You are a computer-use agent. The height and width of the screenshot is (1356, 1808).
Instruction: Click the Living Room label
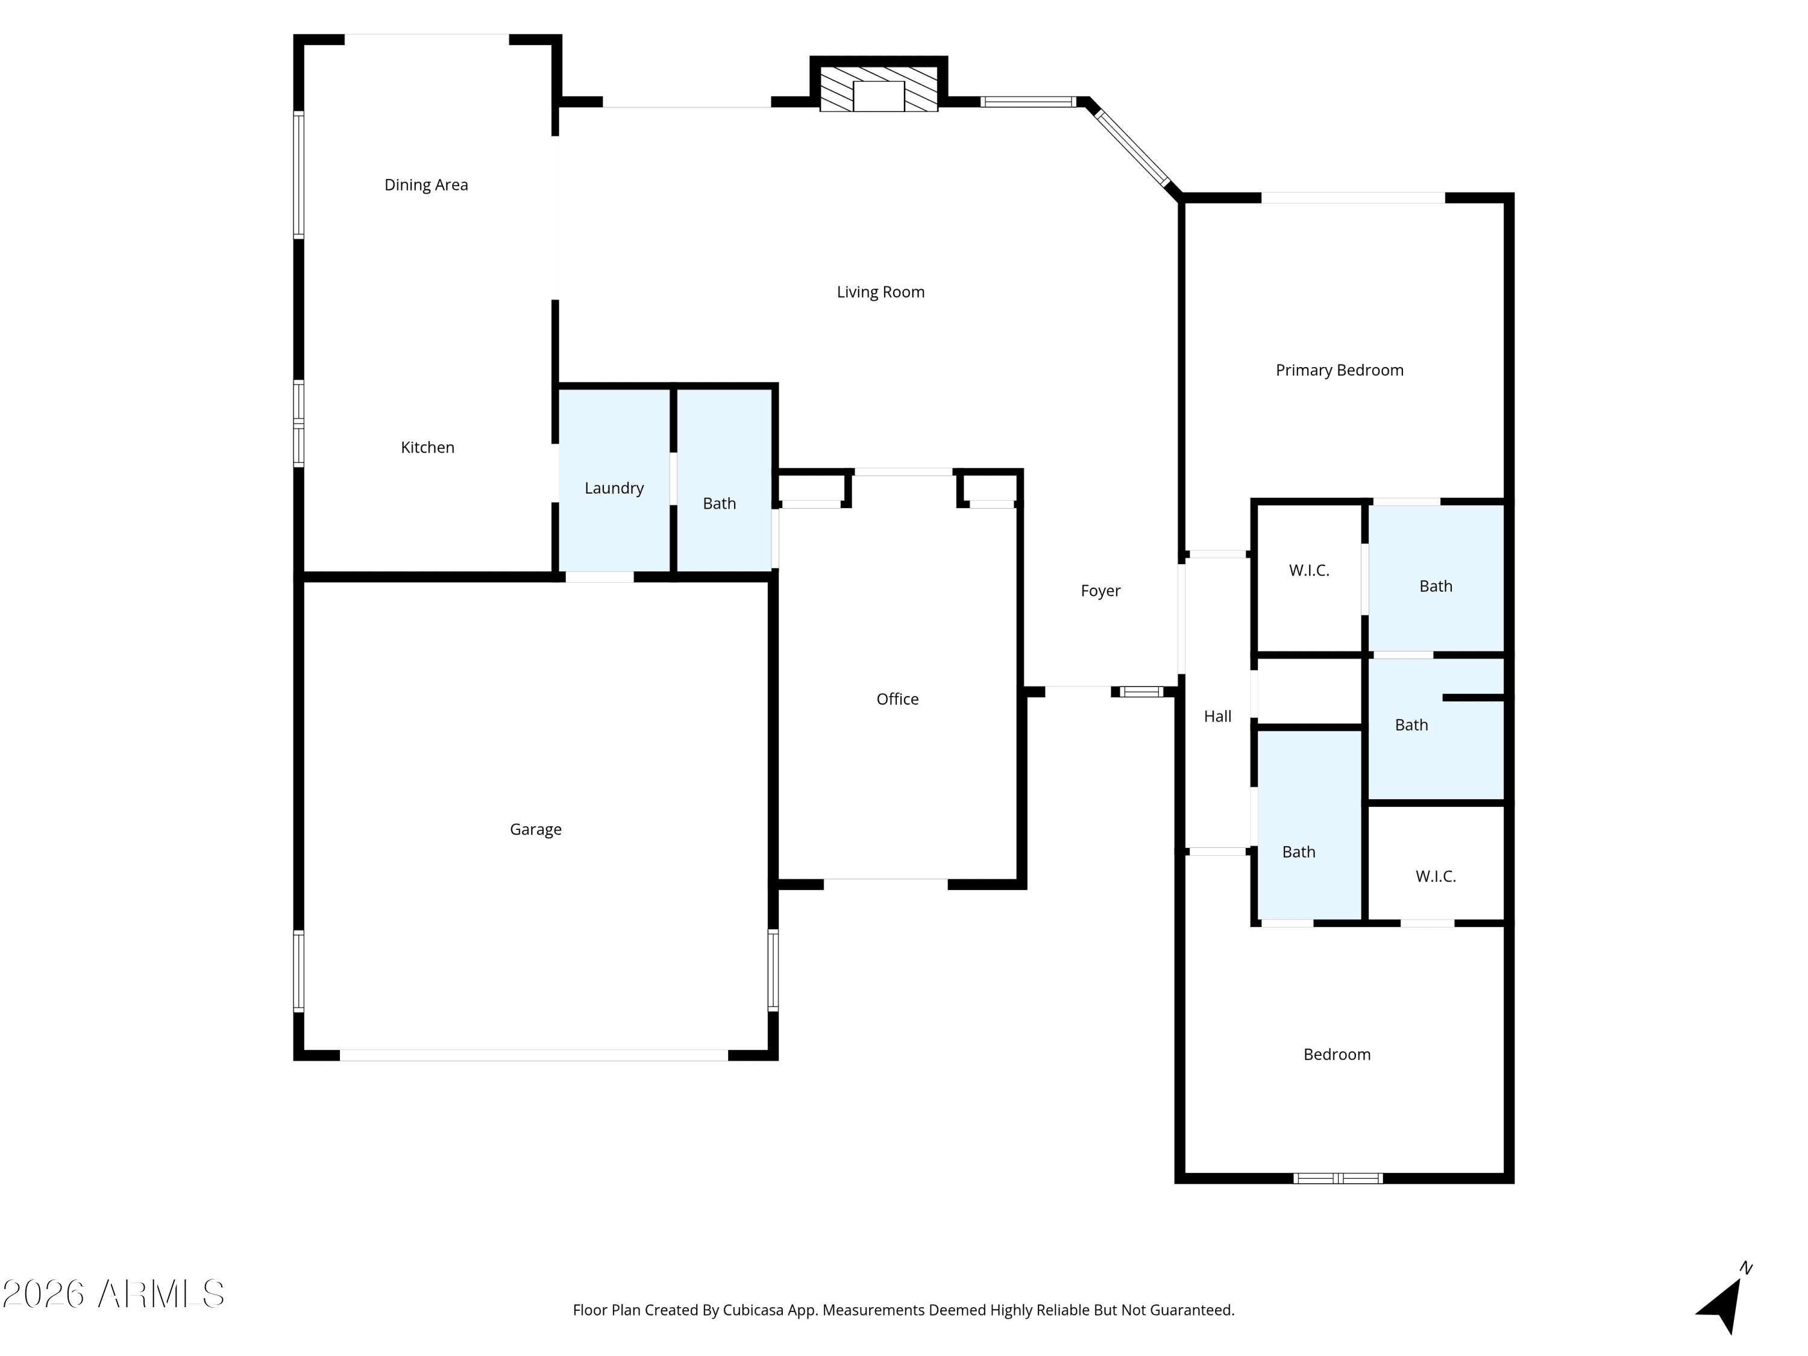(x=880, y=292)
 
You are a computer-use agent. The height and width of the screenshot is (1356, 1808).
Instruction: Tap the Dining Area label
(x=426, y=185)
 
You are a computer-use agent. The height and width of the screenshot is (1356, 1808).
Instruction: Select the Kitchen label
(x=427, y=447)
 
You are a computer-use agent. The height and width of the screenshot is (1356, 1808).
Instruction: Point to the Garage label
(x=535, y=830)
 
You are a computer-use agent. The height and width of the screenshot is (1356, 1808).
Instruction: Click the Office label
(x=897, y=699)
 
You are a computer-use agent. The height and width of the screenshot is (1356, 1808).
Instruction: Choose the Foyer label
(x=1100, y=591)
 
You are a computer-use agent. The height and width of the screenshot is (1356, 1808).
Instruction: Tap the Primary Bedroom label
(x=1340, y=370)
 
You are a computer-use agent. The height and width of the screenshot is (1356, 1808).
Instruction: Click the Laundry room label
(x=614, y=488)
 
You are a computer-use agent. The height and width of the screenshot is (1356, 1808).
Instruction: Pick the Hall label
(x=1217, y=717)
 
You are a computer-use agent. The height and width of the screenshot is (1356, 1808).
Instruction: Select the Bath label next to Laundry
(x=719, y=503)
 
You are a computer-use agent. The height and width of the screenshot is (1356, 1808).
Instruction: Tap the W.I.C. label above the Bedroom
(x=1436, y=876)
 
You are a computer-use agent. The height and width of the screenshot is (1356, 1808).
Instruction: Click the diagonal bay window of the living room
(x=1132, y=148)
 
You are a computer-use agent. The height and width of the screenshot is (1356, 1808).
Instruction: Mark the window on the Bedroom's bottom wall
(x=1338, y=1178)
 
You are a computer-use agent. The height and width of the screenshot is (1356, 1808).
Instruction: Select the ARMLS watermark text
(x=114, y=1294)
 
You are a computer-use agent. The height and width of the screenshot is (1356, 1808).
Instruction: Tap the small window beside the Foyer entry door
(x=1141, y=691)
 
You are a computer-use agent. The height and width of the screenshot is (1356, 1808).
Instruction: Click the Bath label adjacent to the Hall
(x=1299, y=852)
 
